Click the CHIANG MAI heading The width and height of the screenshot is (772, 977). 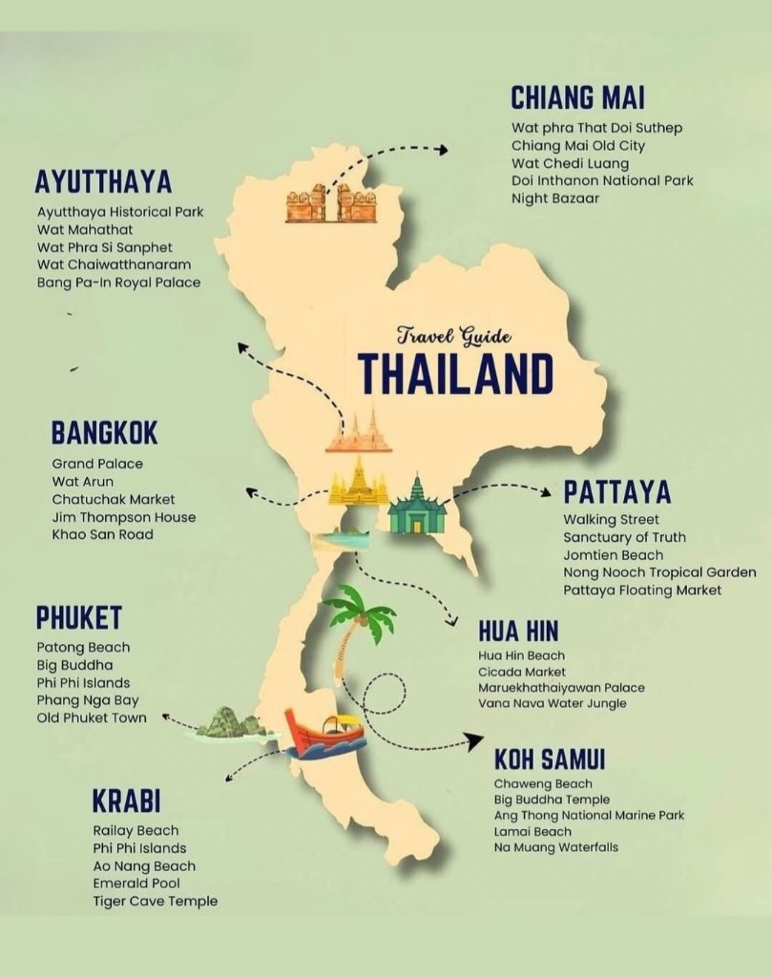(577, 97)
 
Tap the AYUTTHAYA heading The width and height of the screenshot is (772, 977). (103, 181)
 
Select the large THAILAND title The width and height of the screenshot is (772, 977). (456, 373)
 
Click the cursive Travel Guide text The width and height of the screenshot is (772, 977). (455, 336)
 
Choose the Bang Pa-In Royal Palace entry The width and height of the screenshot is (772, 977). (119, 282)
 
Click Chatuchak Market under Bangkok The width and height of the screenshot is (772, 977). (114, 499)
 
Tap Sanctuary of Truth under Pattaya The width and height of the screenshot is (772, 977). (624, 537)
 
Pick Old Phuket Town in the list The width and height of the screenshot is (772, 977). (92, 717)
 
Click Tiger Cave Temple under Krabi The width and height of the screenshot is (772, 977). (155, 901)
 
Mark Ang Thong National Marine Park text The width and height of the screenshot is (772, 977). (589, 816)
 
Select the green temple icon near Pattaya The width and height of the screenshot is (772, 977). (417, 509)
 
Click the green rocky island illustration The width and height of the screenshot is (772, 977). (231, 723)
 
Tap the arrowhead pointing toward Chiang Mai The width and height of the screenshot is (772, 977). (442, 149)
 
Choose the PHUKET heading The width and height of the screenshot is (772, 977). (79, 617)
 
